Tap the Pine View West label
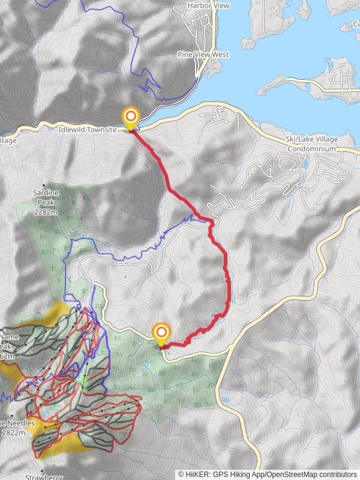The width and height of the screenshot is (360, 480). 203,55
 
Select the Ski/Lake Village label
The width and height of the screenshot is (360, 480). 311,140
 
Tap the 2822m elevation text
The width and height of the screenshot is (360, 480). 13,433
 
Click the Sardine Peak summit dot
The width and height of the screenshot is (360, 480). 44,185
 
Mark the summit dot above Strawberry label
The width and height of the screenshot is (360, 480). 43,470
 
